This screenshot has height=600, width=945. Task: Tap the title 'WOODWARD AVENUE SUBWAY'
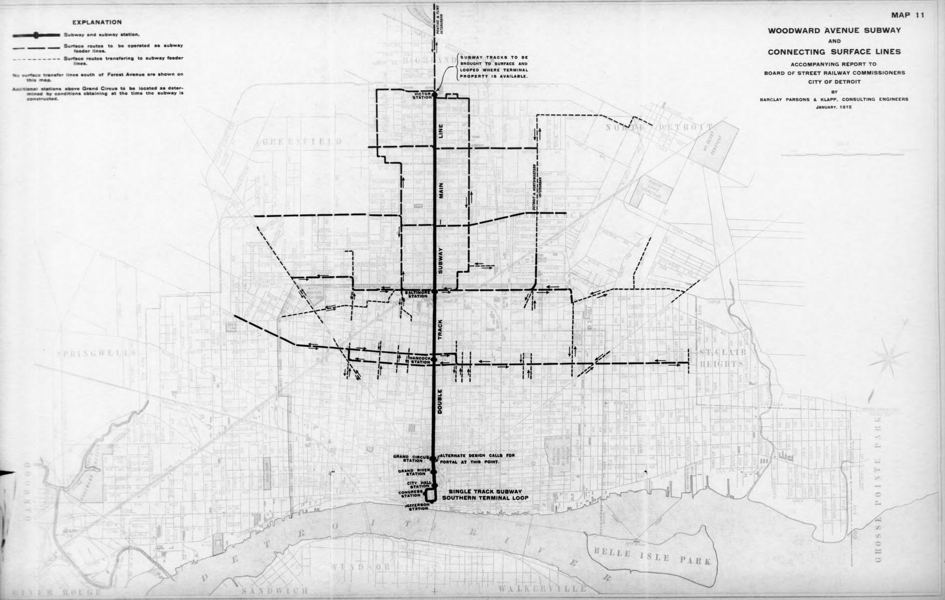[834, 30]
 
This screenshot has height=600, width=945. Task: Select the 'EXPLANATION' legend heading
[97, 22]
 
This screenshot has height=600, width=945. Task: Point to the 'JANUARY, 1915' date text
[834, 108]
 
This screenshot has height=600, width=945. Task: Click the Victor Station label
[422, 95]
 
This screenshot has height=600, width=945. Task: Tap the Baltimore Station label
[418, 294]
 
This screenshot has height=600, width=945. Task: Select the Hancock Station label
[420, 360]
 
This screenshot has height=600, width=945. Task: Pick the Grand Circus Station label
[408, 458]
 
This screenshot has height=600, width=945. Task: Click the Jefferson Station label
[417, 506]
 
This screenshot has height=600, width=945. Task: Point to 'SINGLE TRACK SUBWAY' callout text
[484, 491]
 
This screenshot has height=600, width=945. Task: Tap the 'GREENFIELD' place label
[302, 142]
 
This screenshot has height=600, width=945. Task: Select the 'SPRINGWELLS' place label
[97, 354]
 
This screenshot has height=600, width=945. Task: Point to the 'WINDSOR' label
[359, 567]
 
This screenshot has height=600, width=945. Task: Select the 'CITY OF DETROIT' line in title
[834, 82]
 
